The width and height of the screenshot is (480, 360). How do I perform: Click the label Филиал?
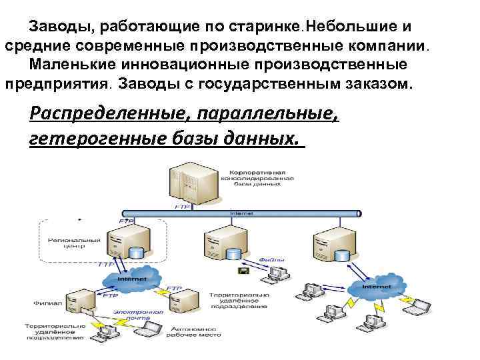(47, 304)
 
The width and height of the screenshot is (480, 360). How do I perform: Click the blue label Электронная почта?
(138, 315)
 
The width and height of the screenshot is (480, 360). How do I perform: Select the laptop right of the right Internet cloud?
(421, 305)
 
